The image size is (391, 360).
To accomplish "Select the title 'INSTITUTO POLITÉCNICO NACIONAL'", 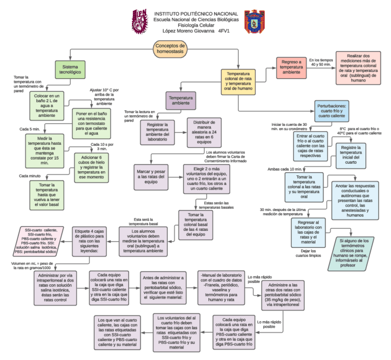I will tap(196, 14).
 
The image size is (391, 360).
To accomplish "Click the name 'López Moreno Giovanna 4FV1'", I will tap(196, 31).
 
